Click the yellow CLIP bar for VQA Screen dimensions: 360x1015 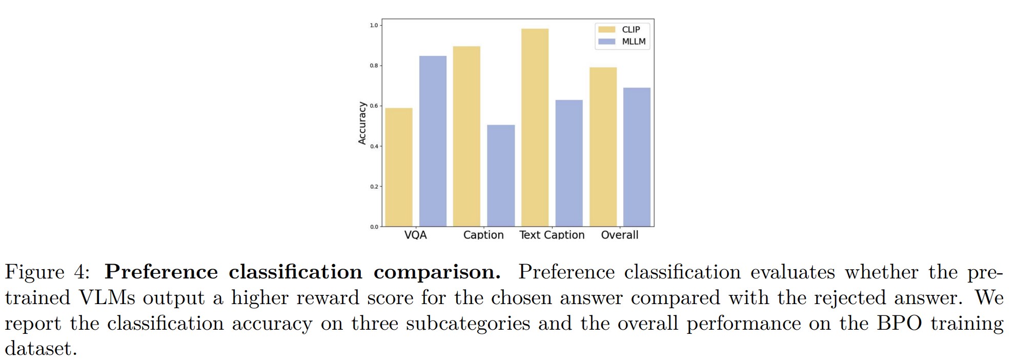coord(398,167)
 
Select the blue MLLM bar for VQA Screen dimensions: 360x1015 coord(433,141)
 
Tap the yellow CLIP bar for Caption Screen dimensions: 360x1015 coord(466,136)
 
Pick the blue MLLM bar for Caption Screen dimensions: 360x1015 coord(501,175)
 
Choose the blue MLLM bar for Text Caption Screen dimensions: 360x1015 coord(569,163)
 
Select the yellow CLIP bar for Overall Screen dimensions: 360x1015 coord(603,147)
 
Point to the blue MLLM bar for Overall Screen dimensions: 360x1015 coord(637,157)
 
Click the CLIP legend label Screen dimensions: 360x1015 coord(631,30)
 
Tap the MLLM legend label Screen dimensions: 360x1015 coord(634,42)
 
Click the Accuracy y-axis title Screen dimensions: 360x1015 coord(362,123)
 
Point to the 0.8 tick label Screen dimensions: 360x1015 coord(374,66)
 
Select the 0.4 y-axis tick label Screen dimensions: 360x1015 coord(374,146)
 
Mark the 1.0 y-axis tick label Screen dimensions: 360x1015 coord(374,25)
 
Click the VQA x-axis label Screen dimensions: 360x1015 coord(415,235)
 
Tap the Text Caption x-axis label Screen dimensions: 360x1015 coord(552,235)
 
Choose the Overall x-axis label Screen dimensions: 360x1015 coord(619,235)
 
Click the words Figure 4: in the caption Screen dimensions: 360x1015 coord(47,272)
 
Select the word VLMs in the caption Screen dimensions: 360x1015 coord(107,298)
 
